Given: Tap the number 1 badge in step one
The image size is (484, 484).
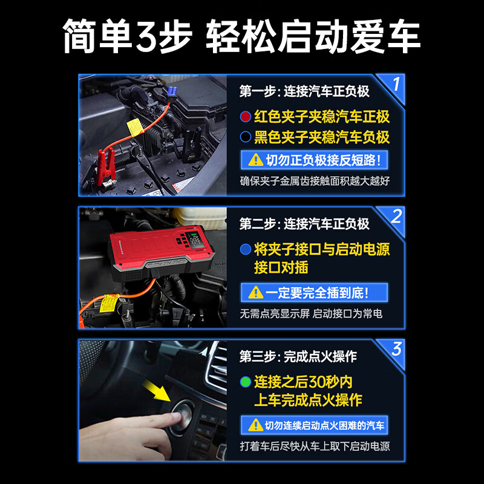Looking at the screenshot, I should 395,84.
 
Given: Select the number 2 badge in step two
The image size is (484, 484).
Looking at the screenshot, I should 396,217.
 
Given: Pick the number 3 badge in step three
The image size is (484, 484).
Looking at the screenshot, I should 396,349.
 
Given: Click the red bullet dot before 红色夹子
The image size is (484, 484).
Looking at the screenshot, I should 245,116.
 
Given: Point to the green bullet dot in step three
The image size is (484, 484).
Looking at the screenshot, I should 245,382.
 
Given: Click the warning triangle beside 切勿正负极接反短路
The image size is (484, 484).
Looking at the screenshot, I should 252,160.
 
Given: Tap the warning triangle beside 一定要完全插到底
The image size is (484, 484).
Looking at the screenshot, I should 252,293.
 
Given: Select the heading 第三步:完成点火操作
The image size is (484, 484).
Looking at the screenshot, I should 298,357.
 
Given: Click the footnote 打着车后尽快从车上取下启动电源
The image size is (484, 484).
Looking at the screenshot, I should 315,446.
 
